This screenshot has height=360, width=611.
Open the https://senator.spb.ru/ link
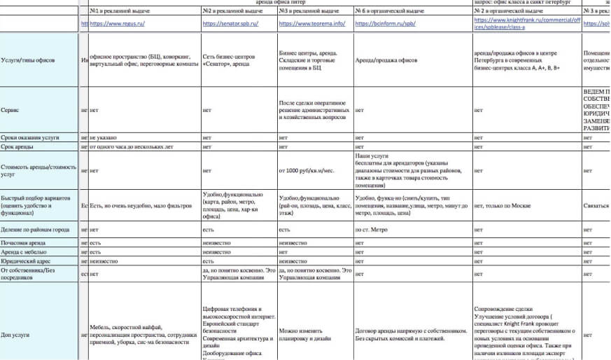[x=230, y=24]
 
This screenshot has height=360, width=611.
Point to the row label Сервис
[x=10, y=110]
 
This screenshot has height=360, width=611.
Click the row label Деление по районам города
[x=36, y=229]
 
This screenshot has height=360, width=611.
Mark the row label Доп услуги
[x=15, y=336]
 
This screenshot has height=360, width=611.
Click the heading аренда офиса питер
[x=276, y=3]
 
